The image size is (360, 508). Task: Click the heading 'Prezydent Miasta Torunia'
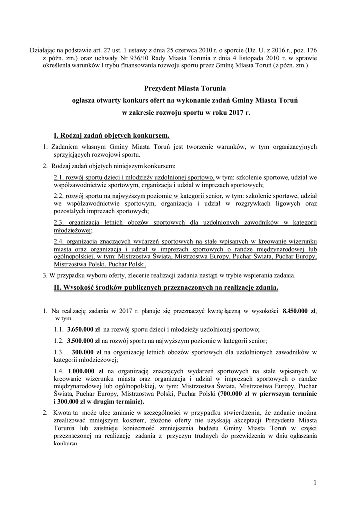[185, 89]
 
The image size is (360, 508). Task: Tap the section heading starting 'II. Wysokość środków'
[166, 287]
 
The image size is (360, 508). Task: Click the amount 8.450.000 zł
[298, 311]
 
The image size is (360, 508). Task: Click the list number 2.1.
[59, 177]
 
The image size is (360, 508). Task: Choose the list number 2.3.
[59, 223]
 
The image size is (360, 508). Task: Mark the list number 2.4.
[59, 241]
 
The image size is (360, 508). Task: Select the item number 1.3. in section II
[60, 352]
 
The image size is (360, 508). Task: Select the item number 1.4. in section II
[60, 370]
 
